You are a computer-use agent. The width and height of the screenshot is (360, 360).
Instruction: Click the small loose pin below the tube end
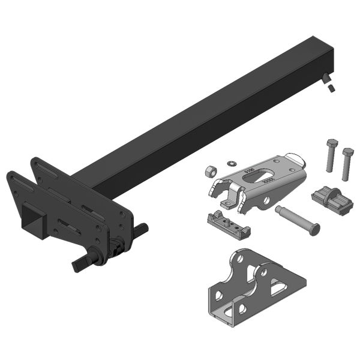(x=331, y=89)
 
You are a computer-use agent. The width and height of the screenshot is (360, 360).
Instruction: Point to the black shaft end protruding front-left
(x=81, y=265)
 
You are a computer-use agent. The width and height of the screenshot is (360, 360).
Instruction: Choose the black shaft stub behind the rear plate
(x=141, y=229)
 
